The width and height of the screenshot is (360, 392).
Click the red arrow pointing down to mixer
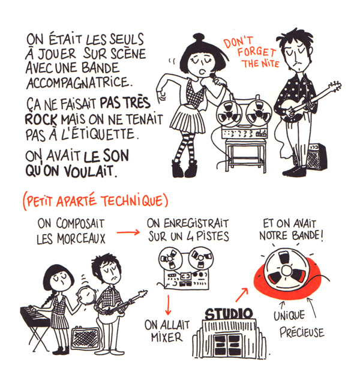167,304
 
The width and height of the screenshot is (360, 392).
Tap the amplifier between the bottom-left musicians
85,337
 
